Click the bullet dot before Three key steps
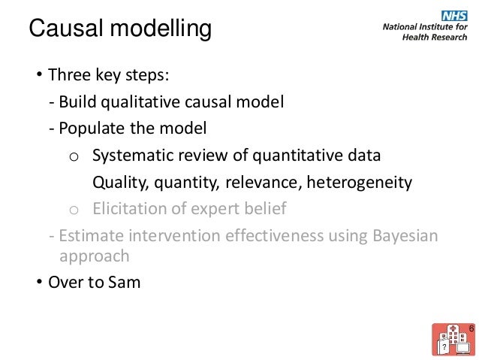pos(35,76)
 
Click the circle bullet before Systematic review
pos(73,156)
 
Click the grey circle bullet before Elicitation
pos(73,209)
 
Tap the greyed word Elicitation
pos(126,208)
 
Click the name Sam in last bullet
pos(124,283)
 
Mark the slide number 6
pos(471,329)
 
